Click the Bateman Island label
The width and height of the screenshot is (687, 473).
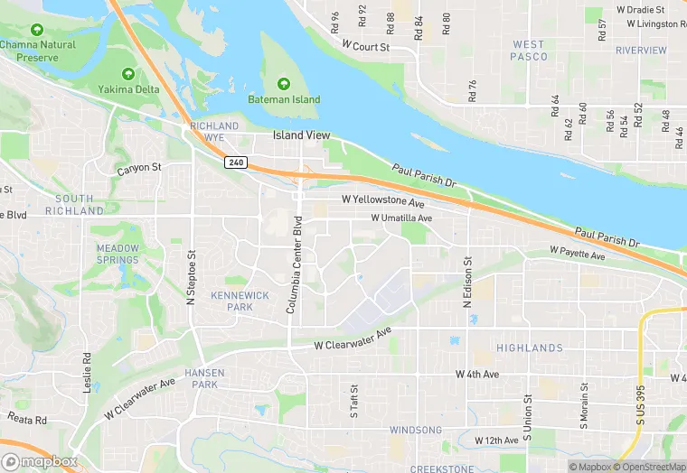click(x=285, y=99)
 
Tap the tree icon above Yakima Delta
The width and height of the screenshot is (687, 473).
click(x=128, y=73)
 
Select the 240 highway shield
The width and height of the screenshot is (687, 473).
click(x=234, y=162)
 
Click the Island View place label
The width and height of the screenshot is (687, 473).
click(x=302, y=136)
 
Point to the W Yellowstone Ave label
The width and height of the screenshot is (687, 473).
click(x=382, y=200)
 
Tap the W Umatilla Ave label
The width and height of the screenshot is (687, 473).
click(x=401, y=218)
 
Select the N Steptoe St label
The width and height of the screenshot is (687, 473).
click(x=191, y=276)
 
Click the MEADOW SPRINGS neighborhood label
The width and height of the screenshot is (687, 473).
click(x=118, y=255)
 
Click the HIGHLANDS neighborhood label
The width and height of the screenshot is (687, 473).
click(x=529, y=348)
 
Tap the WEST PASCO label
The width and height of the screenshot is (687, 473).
click(x=529, y=51)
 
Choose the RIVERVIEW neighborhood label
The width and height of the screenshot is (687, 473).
click(x=640, y=51)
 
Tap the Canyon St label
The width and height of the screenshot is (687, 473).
click(x=138, y=168)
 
